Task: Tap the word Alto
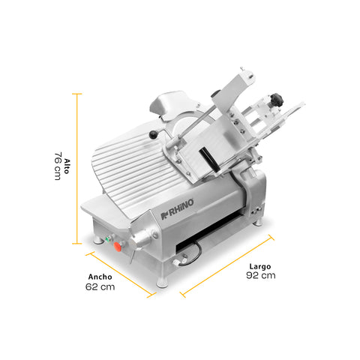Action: point(67,166)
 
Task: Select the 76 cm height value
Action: point(57,166)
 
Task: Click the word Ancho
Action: point(100,276)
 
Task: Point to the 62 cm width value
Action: point(100,286)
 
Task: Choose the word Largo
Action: point(260,265)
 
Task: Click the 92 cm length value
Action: point(260,276)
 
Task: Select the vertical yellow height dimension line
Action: point(76,168)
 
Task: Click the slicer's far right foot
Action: point(259,220)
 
